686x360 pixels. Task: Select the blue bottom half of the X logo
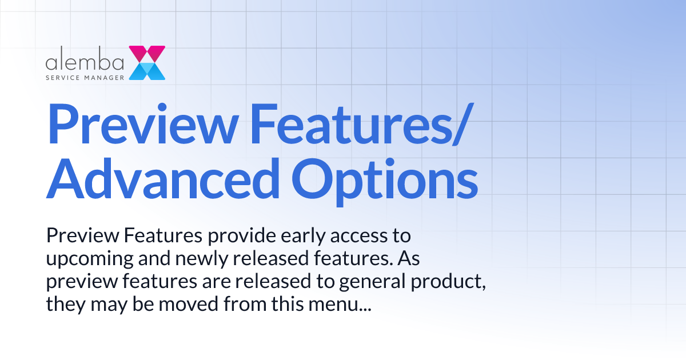(x=147, y=71)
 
